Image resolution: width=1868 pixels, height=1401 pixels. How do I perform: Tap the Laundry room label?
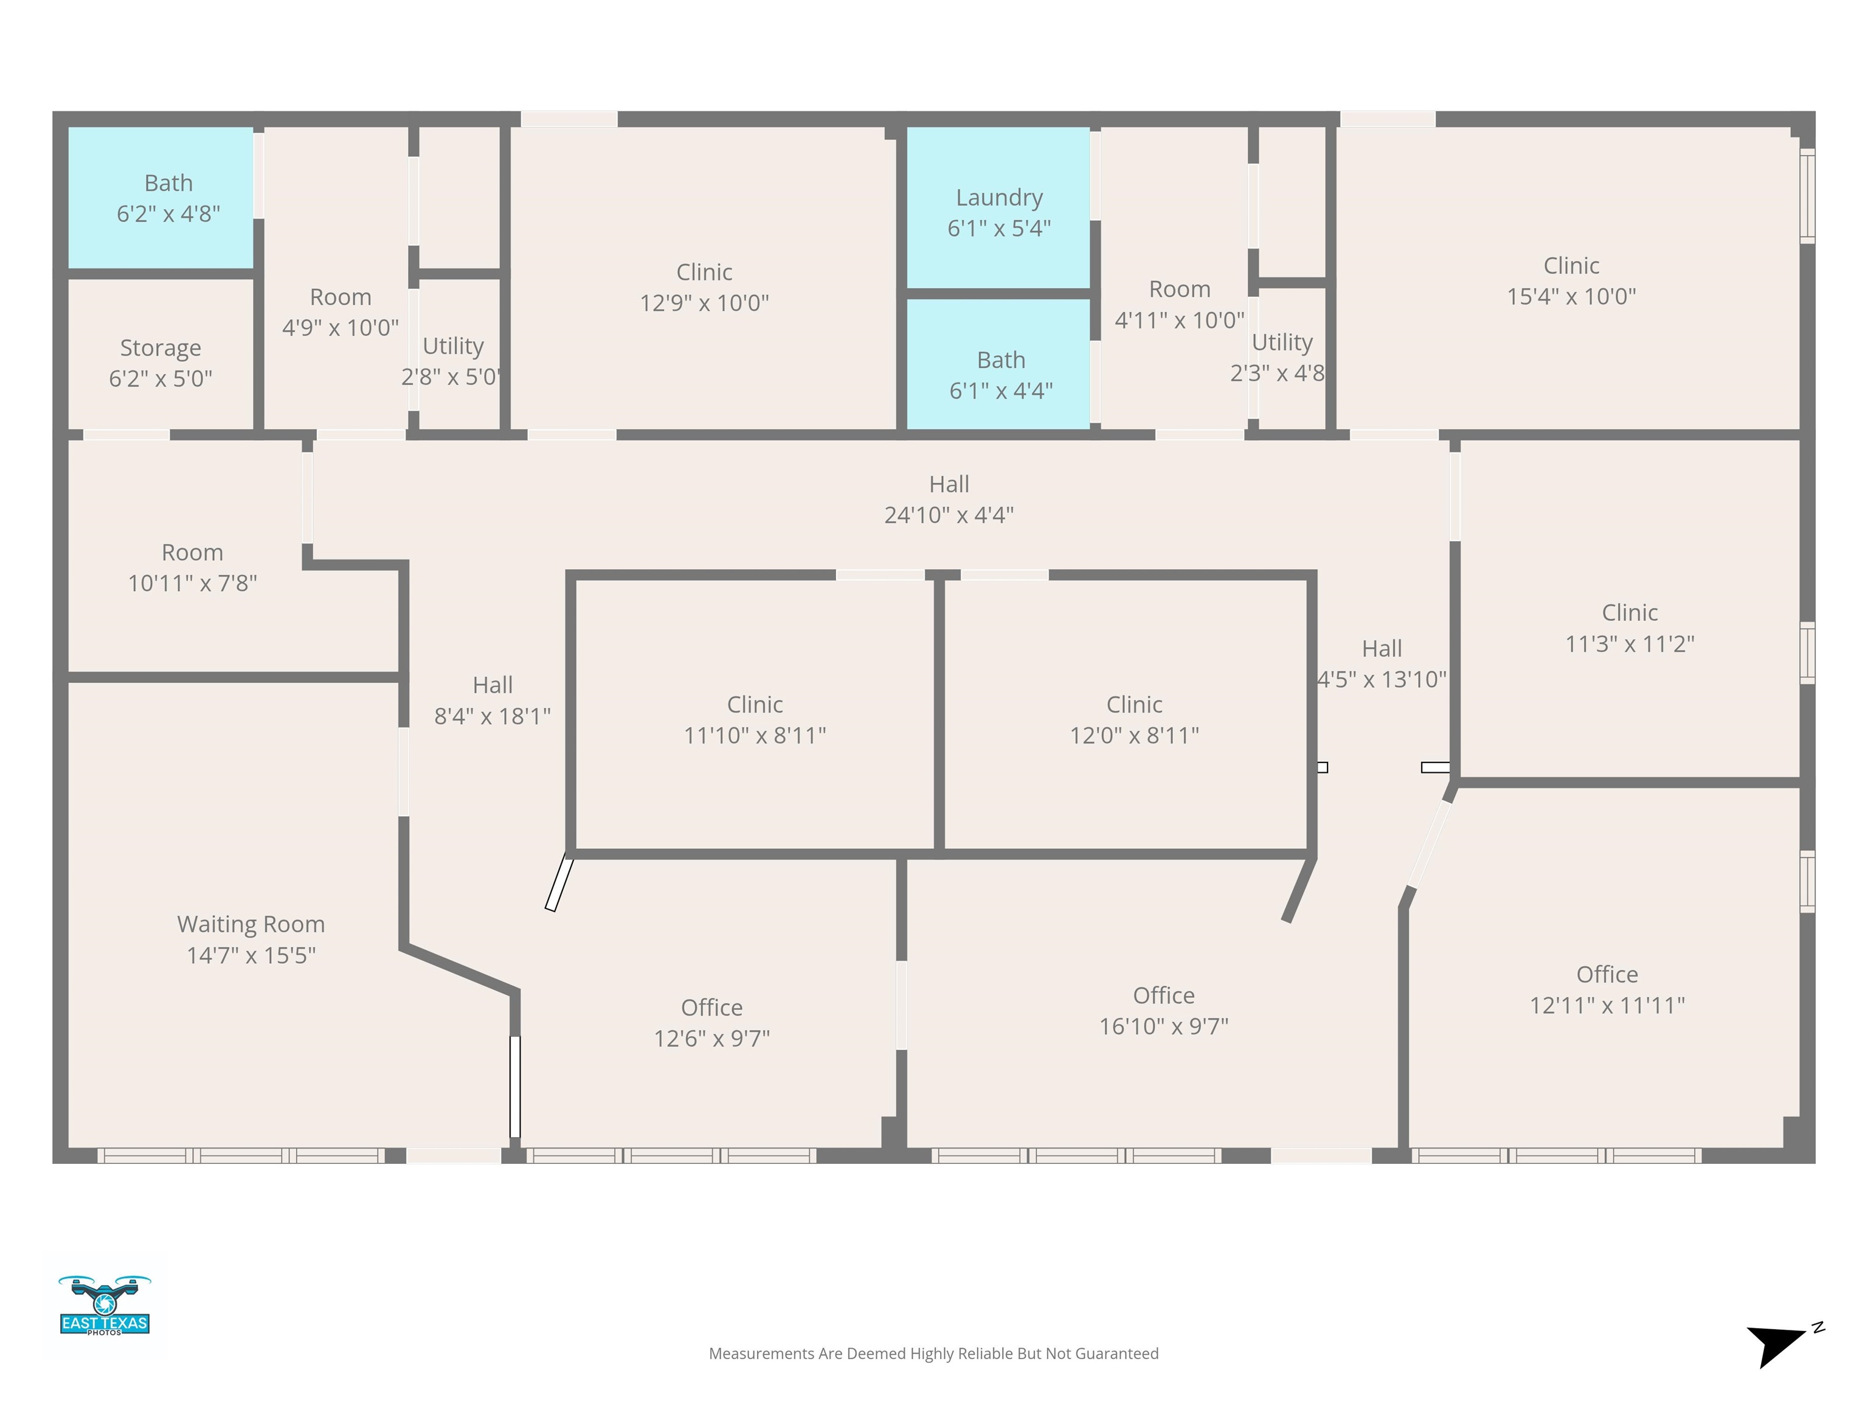999,198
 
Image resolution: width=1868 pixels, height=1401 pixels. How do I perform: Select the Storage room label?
161,348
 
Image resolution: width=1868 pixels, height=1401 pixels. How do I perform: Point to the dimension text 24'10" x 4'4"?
949,514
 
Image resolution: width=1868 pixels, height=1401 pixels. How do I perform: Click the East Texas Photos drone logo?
105,1305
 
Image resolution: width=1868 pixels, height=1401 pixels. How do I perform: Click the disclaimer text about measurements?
933,1353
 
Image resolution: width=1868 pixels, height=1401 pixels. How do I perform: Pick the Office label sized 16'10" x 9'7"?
1164,995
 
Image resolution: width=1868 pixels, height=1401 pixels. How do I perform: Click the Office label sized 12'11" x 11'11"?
1607,975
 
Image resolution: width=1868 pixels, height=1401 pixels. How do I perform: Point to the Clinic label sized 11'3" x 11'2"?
1630,612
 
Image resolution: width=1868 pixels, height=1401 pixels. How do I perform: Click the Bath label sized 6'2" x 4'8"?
169,182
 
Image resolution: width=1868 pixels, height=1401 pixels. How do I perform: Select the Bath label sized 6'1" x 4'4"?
1001,360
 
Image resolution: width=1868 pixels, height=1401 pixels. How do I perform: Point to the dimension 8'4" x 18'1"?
493,716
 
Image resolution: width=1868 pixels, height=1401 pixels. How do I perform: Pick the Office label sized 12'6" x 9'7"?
712,1008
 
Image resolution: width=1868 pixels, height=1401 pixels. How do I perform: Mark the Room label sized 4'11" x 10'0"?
1180,289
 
